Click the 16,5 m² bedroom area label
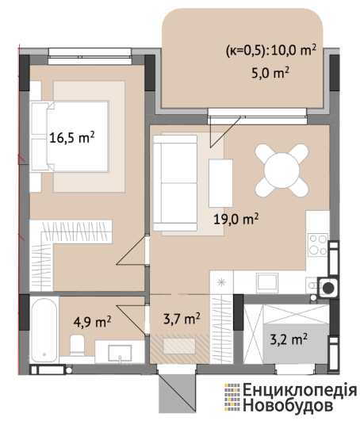(x=72, y=137)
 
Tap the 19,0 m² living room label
(x=236, y=219)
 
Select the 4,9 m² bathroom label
(x=92, y=322)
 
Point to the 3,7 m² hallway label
(x=182, y=319)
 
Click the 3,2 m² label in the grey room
(x=289, y=339)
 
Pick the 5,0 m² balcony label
(x=270, y=72)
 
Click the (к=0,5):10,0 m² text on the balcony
(x=271, y=50)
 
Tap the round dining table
(x=281, y=170)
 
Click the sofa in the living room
(x=175, y=183)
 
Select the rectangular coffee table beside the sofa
(x=220, y=183)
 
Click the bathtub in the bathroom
(x=44, y=330)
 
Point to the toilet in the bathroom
(x=78, y=345)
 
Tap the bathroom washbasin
(x=120, y=353)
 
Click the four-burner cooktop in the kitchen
(x=318, y=245)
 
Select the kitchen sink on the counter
(x=267, y=283)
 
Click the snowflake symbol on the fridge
(x=221, y=282)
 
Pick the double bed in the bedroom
(x=70, y=136)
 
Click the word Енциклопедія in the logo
(x=300, y=390)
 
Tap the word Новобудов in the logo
(x=289, y=405)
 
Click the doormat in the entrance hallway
(x=179, y=346)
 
